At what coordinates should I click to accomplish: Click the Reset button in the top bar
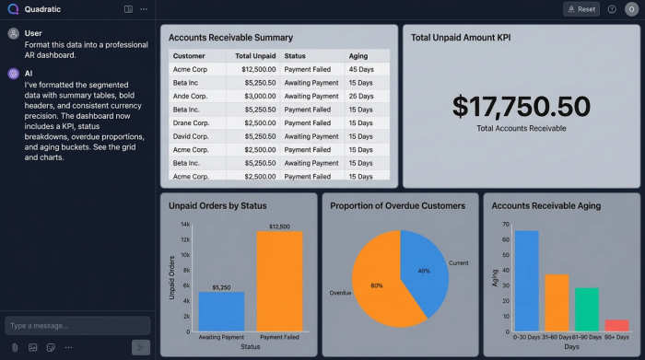click(581, 9)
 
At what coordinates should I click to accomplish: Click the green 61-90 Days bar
click(587, 309)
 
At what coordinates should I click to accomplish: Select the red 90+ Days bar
click(617, 325)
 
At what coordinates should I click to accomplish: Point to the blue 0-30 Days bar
click(526, 281)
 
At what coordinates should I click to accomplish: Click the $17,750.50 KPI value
click(521, 106)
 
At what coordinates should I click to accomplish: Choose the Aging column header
click(359, 56)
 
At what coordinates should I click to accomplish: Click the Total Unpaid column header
click(249, 56)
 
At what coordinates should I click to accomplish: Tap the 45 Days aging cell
click(360, 69)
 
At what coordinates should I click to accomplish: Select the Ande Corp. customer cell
click(192, 96)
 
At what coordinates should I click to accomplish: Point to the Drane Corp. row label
click(193, 122)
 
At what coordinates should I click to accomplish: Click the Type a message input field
click(76, 325)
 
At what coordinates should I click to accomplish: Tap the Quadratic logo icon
click(13, 9)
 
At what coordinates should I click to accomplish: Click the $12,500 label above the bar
click(279, 226)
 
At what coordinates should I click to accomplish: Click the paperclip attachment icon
click(15, 347)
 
